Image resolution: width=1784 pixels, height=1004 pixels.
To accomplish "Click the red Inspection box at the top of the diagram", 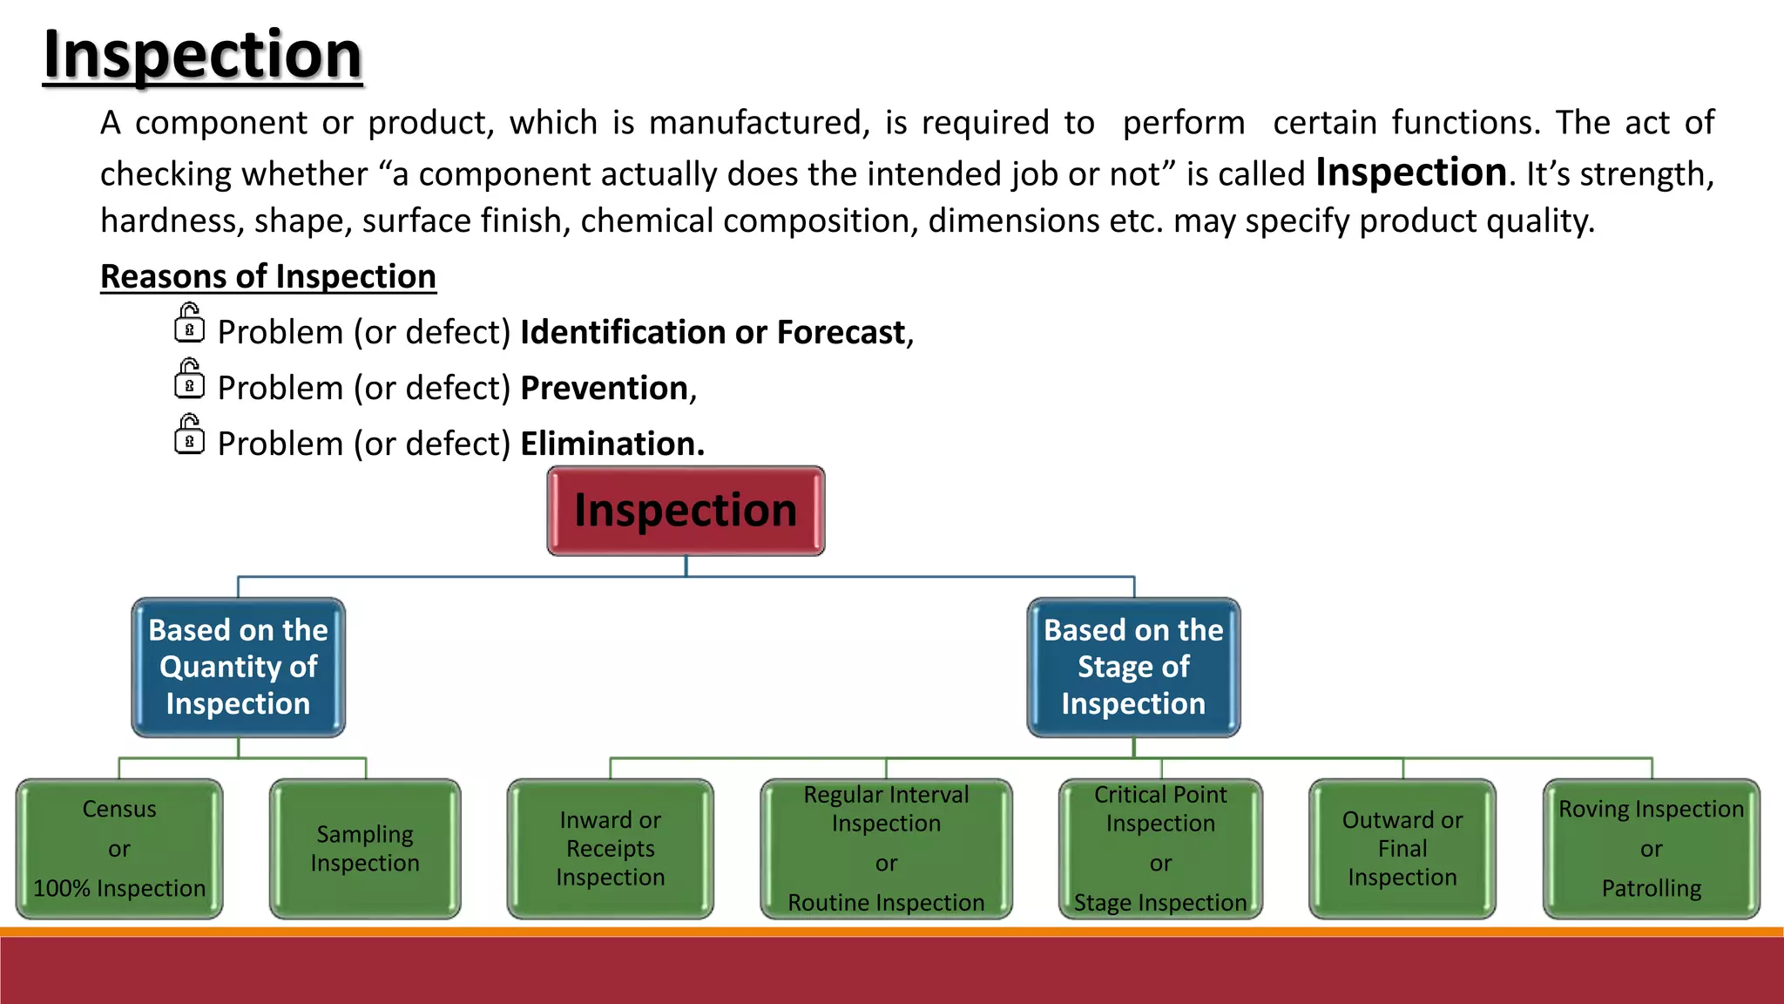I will [x=686, y=511].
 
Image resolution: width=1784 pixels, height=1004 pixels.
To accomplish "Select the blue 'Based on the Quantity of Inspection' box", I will [x=238, y=667].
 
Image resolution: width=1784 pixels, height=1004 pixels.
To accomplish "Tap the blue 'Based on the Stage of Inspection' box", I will [x=1133, y=667].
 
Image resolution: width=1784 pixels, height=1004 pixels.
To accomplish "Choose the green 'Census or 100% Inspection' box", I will [x=119, y=849].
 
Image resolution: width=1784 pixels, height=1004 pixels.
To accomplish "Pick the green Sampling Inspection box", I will [x=365, y=849].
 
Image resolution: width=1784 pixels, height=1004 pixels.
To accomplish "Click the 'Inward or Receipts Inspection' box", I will [x=610, y=849].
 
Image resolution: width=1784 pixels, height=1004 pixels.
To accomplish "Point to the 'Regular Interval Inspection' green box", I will [x=886, y=849].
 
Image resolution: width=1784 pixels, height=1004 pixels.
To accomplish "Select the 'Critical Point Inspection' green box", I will [x=1160, y=849].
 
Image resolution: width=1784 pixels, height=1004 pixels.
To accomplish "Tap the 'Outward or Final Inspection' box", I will [x=1402, y=849].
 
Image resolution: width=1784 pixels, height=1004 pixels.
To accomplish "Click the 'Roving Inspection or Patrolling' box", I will [x=1651, y=849].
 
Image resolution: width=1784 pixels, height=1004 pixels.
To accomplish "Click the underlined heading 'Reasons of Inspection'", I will [x=268, y=276].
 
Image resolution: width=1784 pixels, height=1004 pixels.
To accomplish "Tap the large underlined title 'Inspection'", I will [x=202, y=54].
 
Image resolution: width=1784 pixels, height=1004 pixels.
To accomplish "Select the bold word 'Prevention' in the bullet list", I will [x=604, y=388].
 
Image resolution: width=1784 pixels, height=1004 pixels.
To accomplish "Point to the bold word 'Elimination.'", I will [x=612, y=444].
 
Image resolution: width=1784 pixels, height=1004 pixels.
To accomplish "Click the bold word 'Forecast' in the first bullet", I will [x=841, y=332].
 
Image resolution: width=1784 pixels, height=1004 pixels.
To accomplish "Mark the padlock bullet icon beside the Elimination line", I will [x=189, y=435].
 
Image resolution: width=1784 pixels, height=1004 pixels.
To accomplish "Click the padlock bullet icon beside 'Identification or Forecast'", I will [x=189, y=323].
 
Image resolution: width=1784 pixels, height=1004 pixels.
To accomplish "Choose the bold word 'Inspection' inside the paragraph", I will [x=1410, y=172].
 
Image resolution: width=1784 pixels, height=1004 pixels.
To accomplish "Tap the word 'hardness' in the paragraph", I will [x=171, y=221].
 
